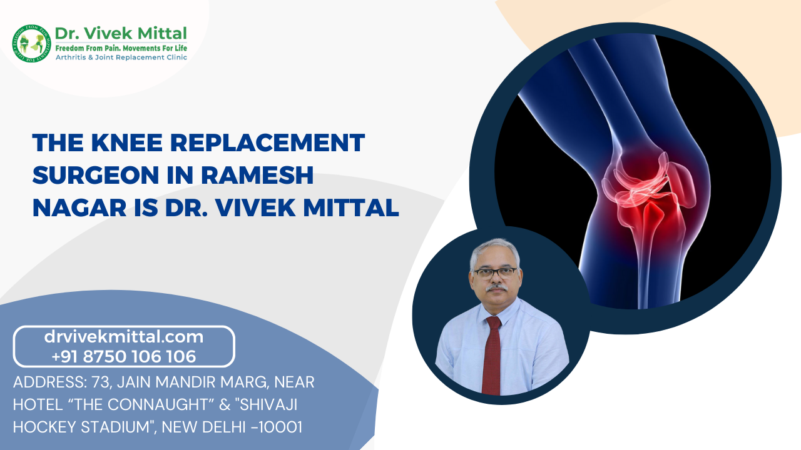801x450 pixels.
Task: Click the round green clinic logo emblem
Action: [31, 44]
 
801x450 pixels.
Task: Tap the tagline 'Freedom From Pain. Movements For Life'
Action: [121, 48]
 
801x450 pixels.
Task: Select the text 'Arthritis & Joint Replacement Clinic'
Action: [121, 57]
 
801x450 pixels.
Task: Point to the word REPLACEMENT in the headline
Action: [267, 143]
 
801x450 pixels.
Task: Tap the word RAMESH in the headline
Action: [257, 176]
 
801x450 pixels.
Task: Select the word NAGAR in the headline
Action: [79, 208]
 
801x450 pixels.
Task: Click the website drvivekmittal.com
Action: [124, 337]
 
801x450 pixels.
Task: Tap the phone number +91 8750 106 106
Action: [124, 356]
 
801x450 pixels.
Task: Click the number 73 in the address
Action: [101, 382]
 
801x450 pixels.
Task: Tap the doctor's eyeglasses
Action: [495, 274]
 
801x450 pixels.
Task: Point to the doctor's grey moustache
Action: [497, 287]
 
